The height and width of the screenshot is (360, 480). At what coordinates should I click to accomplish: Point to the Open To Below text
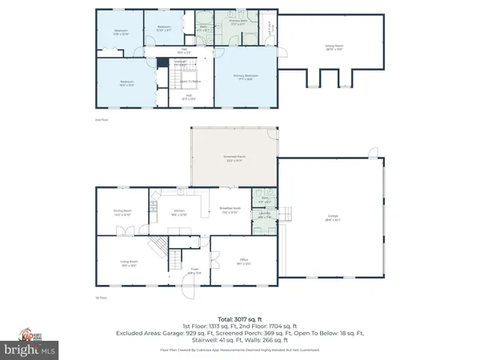pos(190,82)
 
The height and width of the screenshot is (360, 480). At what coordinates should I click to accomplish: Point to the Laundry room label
pos(264,215)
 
